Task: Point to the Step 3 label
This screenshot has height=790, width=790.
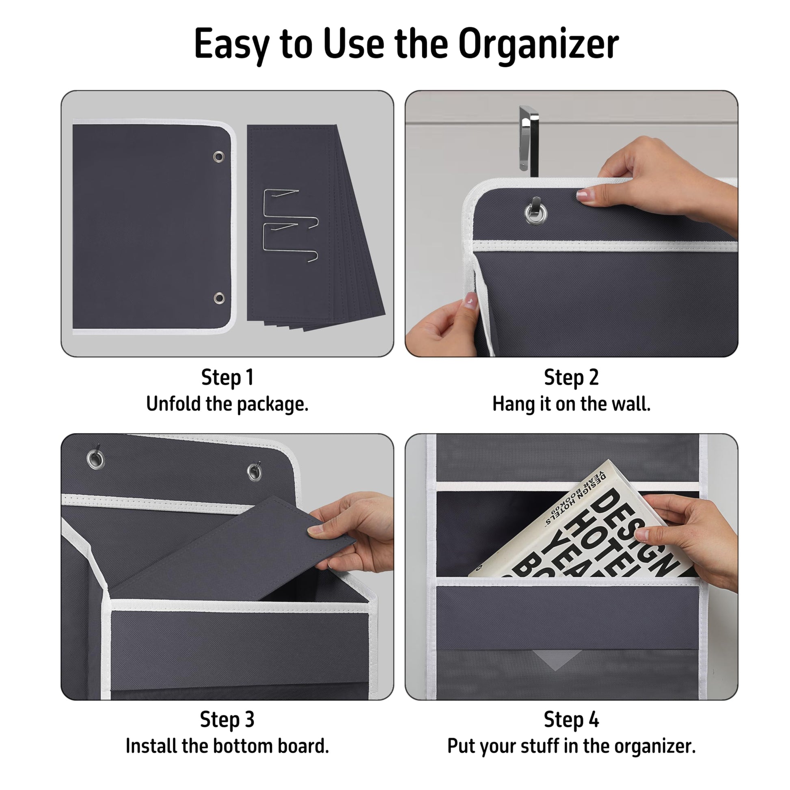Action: point(227,720)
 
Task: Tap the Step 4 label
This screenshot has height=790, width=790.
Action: point(571,720)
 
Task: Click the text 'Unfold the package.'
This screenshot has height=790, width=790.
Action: point(227,404)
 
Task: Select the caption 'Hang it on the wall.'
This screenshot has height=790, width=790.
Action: point(571,404)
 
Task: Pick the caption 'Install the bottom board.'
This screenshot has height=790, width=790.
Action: point(227,746)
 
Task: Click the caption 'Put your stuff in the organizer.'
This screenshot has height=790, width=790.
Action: point(571,747)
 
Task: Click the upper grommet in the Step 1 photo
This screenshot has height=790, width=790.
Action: point(219,157)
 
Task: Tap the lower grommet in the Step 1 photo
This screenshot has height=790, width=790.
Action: point(219,298)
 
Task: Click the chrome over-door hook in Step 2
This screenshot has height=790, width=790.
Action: point(528,139)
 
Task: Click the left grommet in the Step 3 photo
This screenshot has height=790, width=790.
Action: point(96,460)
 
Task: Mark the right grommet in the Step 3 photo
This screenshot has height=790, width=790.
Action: point(255,472)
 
